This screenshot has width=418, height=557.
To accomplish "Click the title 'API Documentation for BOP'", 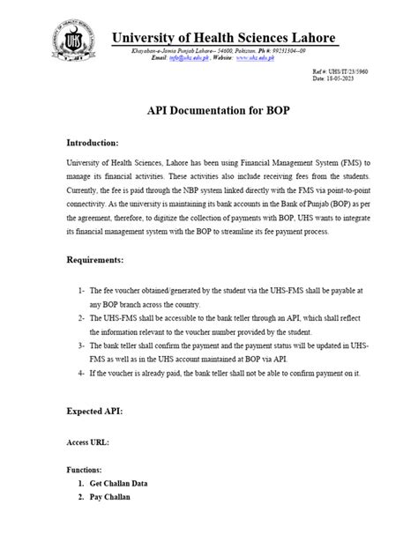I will pos(208,113).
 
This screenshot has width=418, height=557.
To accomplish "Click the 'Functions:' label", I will pos(85,472).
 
